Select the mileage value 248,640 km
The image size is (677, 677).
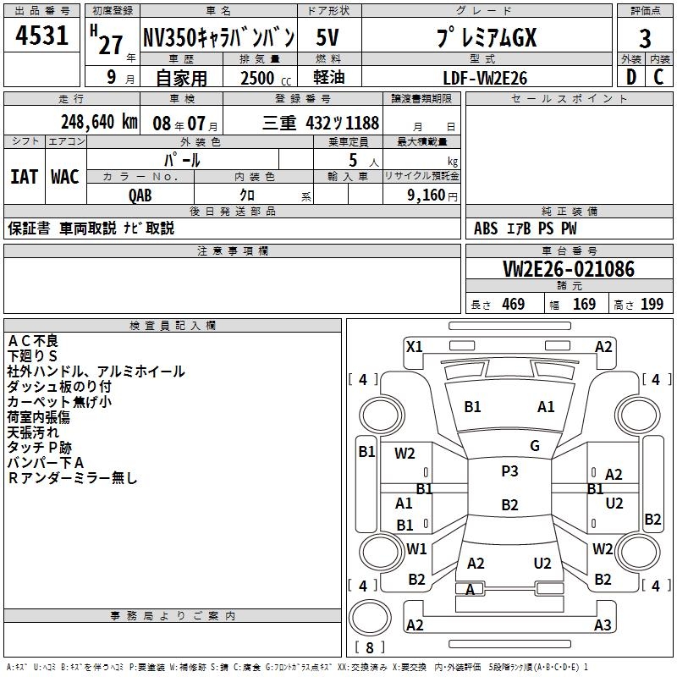[x=99, y=121]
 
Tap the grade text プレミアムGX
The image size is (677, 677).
[x=486, y=38]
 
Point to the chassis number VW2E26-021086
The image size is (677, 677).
[x=568, y=269]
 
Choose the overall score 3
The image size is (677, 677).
[x=645, y=38]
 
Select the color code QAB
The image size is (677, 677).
[x=140, y=195]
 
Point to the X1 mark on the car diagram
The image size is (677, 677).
[x=414, y=346]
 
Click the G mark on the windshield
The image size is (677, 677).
[x=535, y=446]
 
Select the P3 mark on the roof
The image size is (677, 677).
[x=509, y=471]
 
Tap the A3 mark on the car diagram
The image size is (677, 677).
[x=602, y=625]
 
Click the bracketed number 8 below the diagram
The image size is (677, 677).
[x=370, y=647]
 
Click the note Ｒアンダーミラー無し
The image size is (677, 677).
[x=72, y=478]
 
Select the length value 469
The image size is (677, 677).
[x=513, y=305]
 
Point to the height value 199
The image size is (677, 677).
[x=652, y=305]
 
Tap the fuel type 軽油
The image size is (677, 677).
[x=328, y=78]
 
